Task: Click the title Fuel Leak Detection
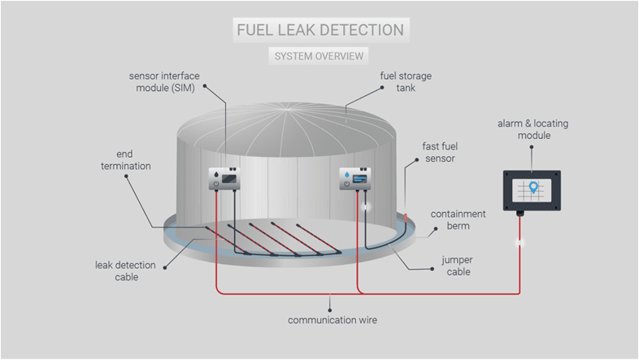pos(319,30)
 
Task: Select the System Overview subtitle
pos(319,56)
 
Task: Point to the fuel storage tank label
pos(406,82)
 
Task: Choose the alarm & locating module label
pos(532,128)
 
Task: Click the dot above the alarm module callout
pos(532,149)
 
